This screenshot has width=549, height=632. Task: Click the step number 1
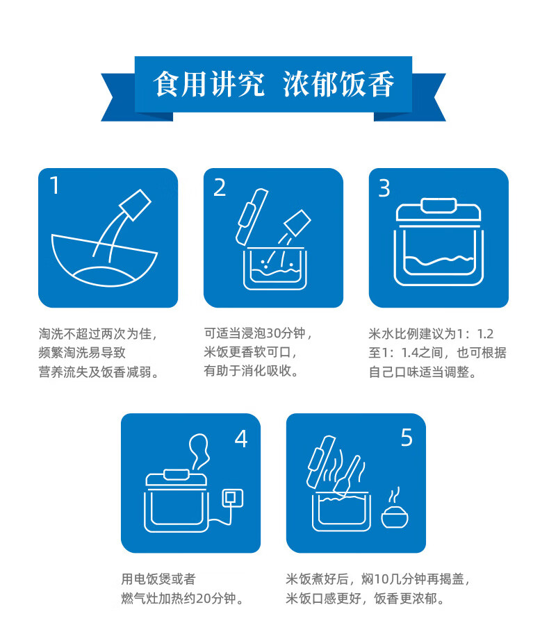pos(55,185)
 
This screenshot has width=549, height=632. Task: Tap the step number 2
pos(220,188)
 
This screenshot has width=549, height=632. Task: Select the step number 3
pos(384,188)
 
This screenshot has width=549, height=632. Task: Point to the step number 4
pos(241,439)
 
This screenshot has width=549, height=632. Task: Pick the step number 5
pos(407,438)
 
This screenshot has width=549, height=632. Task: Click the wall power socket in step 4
pos(233,498)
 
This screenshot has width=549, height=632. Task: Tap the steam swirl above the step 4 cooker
pos(199,451)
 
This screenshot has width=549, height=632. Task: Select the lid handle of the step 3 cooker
pos(439,205)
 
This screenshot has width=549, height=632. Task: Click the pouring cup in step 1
pos(135,205)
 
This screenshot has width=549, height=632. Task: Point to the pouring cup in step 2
pos(297,223)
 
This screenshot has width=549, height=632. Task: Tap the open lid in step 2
pos(252,217)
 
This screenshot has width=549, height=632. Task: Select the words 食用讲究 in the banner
pos(208,84)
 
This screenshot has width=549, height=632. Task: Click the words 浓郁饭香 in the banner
pos(338,84)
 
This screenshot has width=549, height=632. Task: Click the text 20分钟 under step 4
pos(216,599)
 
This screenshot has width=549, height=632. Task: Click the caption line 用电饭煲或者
pos(158,579)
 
